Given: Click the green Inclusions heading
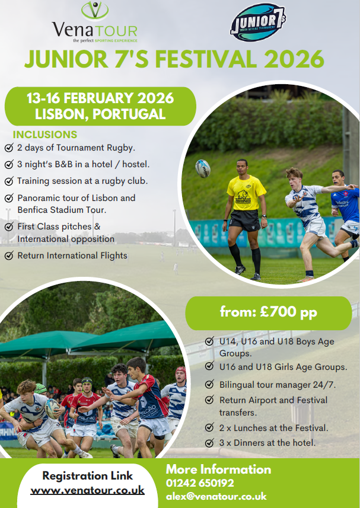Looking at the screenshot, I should click(45, 135).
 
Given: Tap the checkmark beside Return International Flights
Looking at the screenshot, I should click(8, 256).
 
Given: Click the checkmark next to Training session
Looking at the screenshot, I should click(8, 181).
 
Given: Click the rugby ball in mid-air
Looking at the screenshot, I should click(203, 168).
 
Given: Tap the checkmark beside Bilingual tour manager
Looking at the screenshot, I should click(209, 384).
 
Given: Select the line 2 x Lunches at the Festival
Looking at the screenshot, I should click(273, 428).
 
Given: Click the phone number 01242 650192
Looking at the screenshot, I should click(200, 483).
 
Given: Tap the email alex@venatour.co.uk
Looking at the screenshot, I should click(216, 496).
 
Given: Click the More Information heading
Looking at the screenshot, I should click(218, 469).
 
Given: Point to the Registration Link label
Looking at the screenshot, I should click(88, 475).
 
